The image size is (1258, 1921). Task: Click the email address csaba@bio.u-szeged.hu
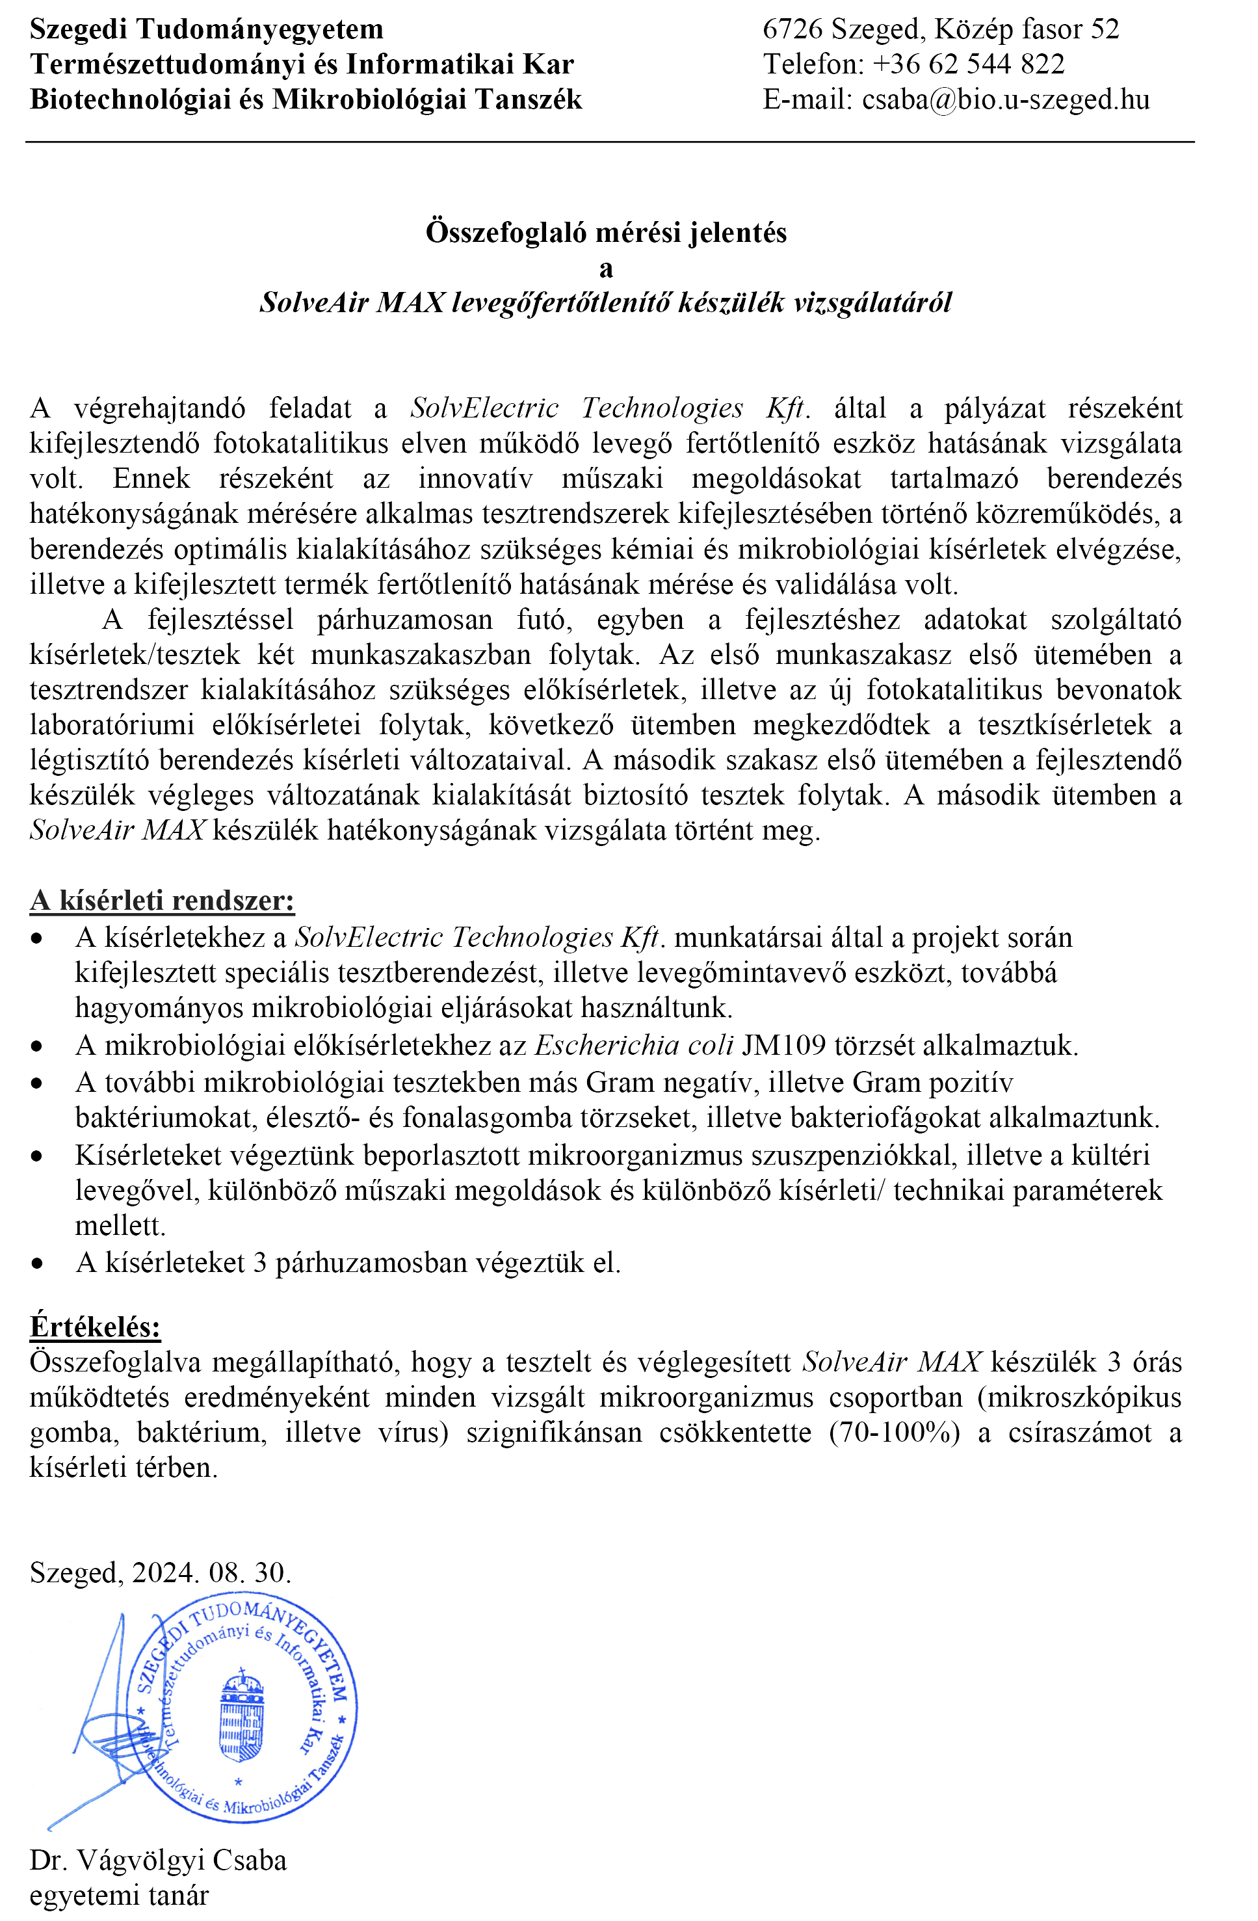[1004, 100]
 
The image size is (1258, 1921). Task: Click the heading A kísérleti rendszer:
[162, 901]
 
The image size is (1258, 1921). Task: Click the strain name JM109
[783, 1046]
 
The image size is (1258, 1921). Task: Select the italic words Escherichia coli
[635, 1046]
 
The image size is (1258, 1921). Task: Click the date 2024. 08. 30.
[211, 1572]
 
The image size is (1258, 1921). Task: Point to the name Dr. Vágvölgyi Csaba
[158, 1860]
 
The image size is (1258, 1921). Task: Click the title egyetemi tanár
[120, 1895]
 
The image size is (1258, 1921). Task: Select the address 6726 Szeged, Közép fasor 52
[941, 30]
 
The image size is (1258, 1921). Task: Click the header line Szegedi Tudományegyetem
[207, 30]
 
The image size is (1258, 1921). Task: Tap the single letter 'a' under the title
[606, 269]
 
